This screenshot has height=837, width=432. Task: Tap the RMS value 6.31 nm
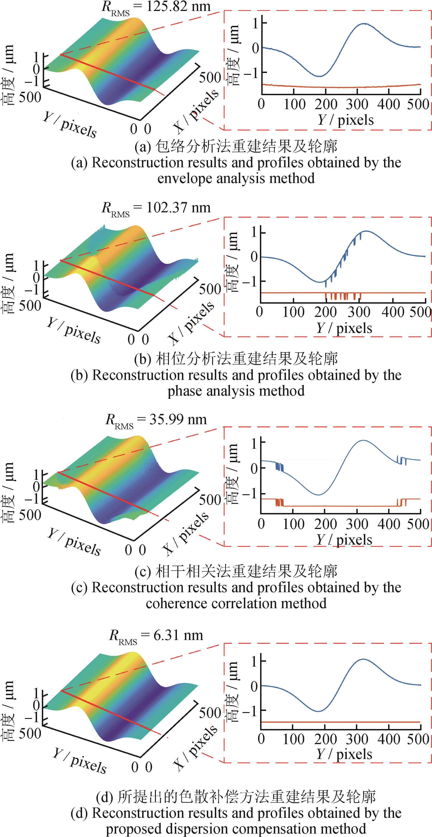pyautogui.click(x=178, y=635)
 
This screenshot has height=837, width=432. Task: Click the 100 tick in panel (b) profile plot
pyautogui.click(x=293, y=312)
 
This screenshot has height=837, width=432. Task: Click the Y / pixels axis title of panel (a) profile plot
pyautogui.click(x=345, y=120)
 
